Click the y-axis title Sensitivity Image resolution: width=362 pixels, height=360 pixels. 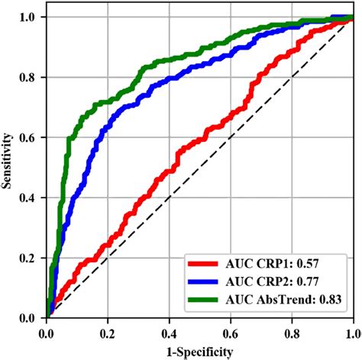pyautogui.click(x=9, y=166)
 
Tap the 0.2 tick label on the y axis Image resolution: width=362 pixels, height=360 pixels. pyautogui.click(x=31, y=258)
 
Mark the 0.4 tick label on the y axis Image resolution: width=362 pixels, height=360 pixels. pyautogui.click(x=31, y=198)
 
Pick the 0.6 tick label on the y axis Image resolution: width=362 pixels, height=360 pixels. pyautogui.click(x=31, y=137)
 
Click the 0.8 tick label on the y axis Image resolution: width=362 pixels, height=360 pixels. pyautogui.click(x=31, y=77)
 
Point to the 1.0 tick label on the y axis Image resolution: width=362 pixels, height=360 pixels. pyautogui.click(x=31, y=17)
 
